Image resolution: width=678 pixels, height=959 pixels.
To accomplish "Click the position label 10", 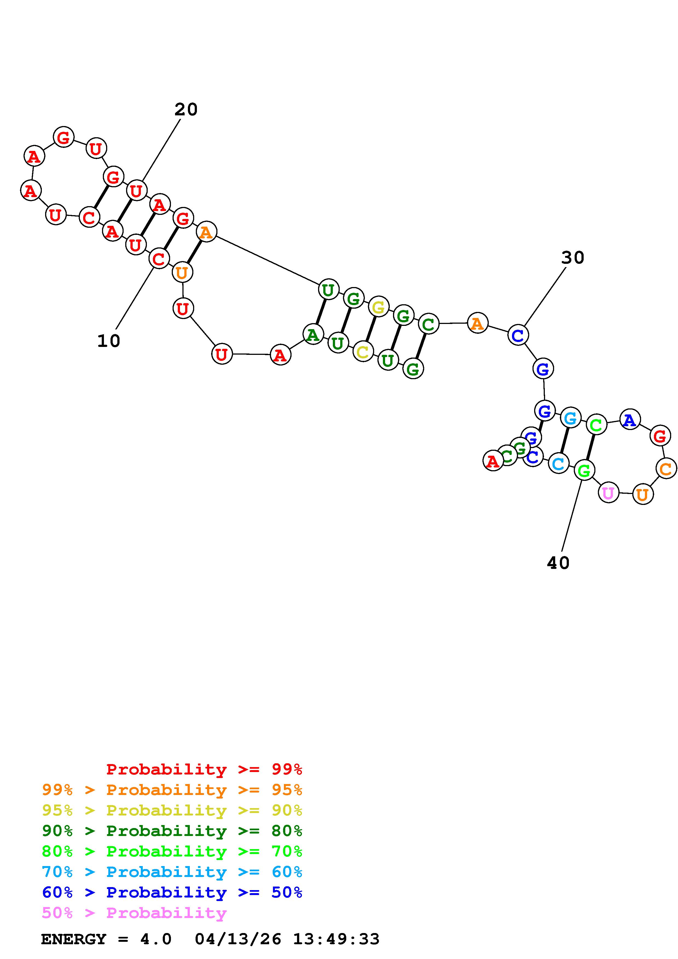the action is click(109, 341).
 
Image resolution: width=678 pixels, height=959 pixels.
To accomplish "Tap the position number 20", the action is click(186, 109).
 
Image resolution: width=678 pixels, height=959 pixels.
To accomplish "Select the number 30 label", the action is click(572, 258).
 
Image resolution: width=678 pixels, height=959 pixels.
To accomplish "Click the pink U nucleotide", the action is click(608, 493).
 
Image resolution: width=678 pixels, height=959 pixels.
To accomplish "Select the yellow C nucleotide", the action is click(363, 352).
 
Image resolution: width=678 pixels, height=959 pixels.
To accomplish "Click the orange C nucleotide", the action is click(666, 468).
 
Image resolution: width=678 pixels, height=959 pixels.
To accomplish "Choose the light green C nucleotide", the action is click(596, 425).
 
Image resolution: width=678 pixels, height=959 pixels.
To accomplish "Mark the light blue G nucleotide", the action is click(571, 418).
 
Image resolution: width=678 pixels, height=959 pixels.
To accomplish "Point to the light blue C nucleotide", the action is click(558, 463).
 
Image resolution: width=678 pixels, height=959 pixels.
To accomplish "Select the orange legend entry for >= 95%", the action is click(172, 790).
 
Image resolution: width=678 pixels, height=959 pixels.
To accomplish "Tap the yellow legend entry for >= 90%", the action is click(172, 810).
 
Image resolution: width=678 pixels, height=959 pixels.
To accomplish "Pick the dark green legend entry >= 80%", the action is click(172, 831).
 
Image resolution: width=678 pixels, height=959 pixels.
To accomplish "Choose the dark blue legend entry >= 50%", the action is click(172, 892).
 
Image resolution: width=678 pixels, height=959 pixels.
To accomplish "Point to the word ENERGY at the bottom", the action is click(74, 939).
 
